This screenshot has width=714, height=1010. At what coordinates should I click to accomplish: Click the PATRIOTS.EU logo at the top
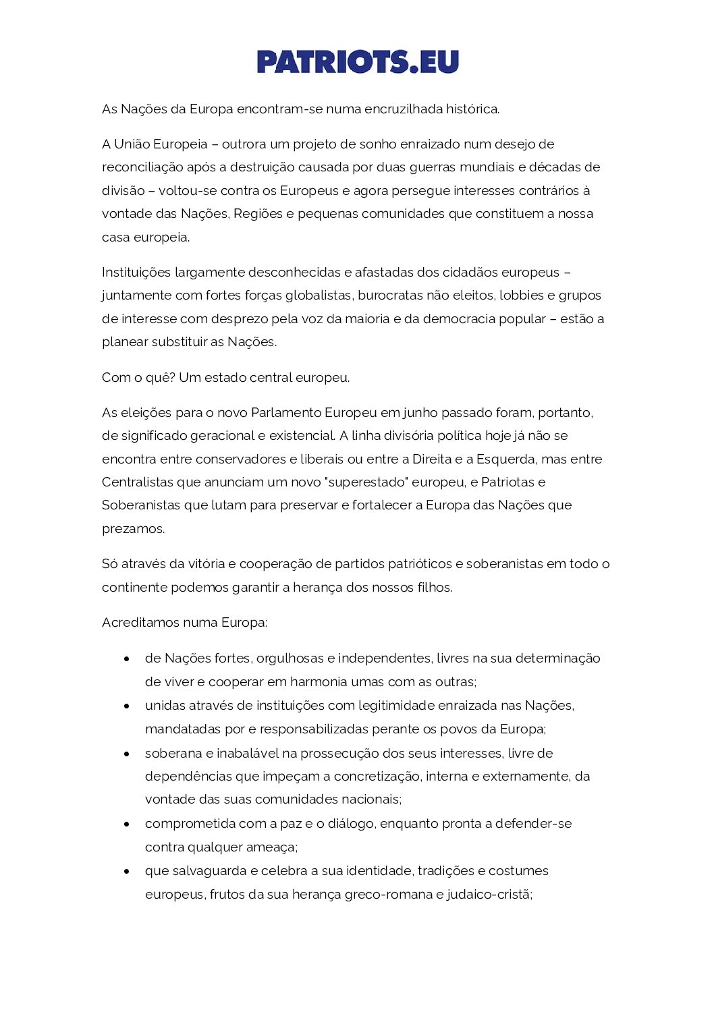(358, 61)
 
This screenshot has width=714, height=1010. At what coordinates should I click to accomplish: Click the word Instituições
(136, 273)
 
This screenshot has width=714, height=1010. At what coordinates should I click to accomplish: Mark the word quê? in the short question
(161, 378)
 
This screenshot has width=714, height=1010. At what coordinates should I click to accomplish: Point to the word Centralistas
(138, 482)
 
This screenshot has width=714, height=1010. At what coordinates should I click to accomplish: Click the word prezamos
(133, 529)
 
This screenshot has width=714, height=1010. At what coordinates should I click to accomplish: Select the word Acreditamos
(140, 623)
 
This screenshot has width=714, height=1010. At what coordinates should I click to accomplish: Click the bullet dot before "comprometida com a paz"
(126, 824)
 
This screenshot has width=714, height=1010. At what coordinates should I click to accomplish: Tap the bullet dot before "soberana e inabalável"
(126, 754)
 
